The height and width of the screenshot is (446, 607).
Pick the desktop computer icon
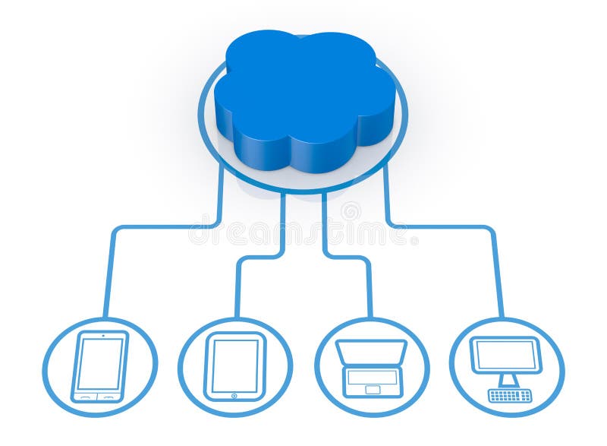click(x=507, y=369)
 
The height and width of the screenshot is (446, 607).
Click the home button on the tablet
click(x=234, y=395)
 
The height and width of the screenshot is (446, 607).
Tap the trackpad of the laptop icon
click(x=372, y=390)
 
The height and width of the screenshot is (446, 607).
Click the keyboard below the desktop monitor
click(x=510, y=395)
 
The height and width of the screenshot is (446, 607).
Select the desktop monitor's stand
click(x=508, y=380)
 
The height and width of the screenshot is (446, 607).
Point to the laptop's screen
click(x=371, y=353)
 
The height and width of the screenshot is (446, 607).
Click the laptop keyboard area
click(x=372, y=377)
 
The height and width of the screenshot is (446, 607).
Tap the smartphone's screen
click(x=100, y=363)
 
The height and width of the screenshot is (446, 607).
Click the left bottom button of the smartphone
click(x=86, y=397)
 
